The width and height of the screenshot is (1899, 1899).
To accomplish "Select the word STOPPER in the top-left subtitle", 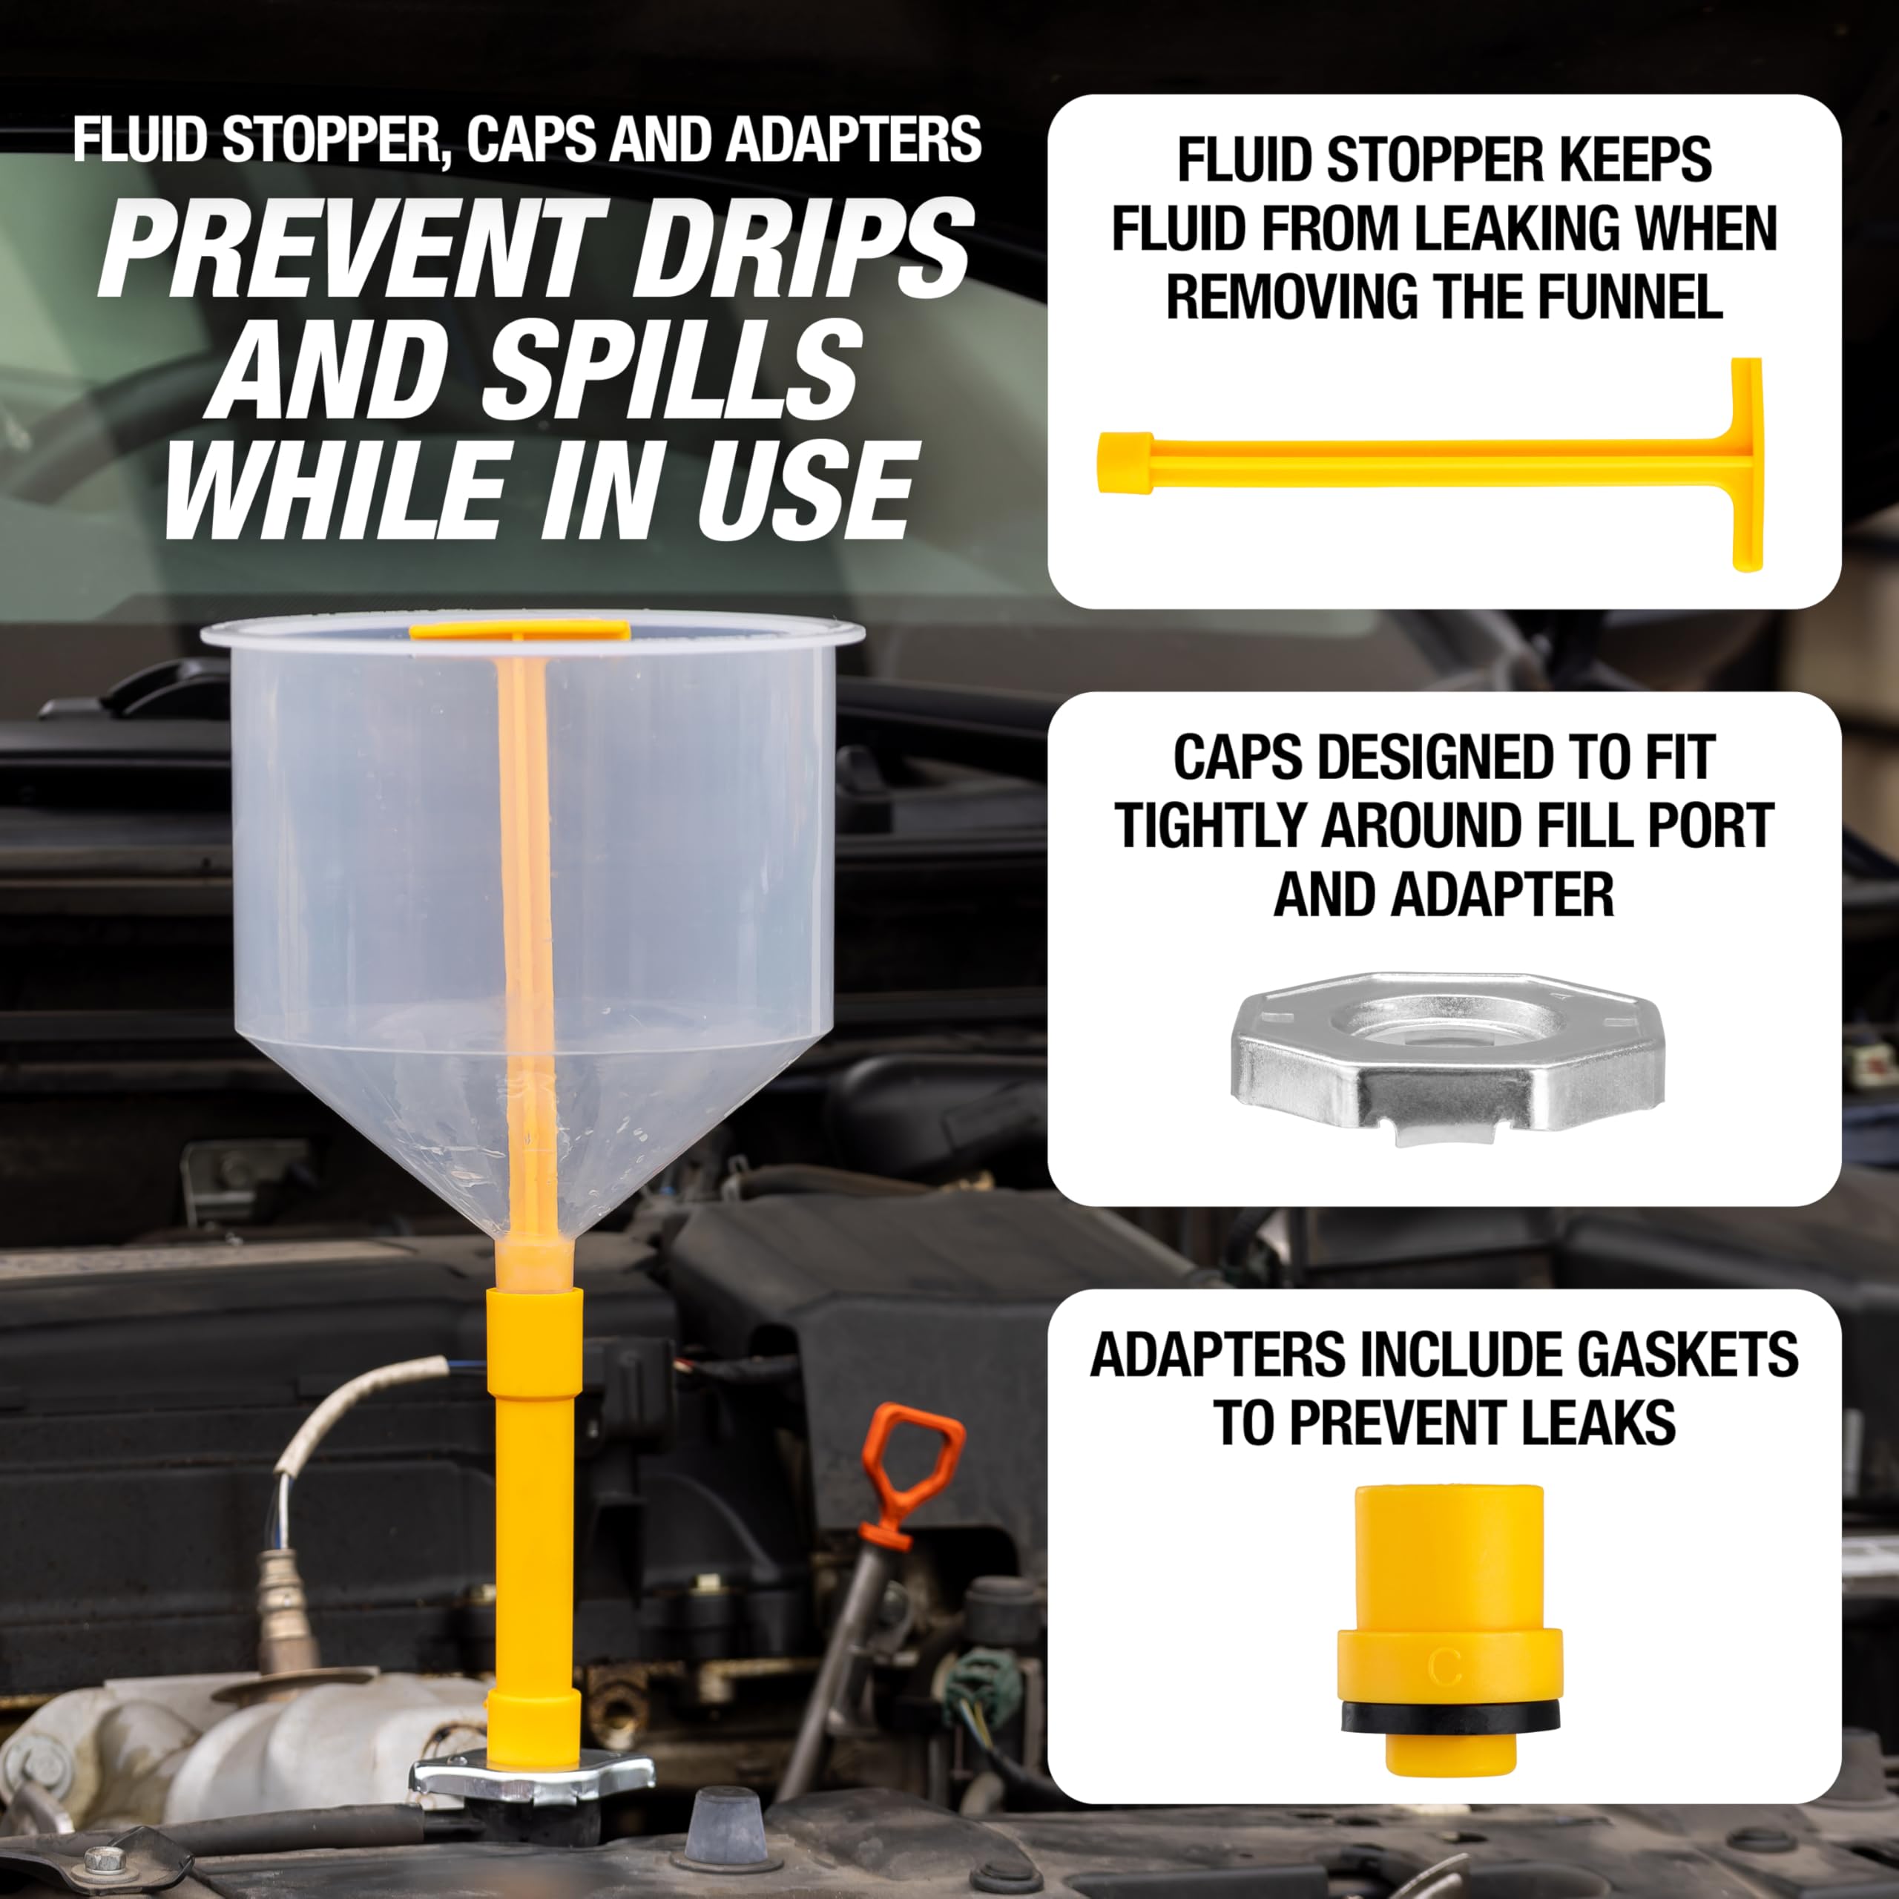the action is point(330,140).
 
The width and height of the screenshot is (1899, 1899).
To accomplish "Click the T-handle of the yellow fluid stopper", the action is point(1745,464).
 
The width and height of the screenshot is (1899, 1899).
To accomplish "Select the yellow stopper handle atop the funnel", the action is point(519,630).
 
